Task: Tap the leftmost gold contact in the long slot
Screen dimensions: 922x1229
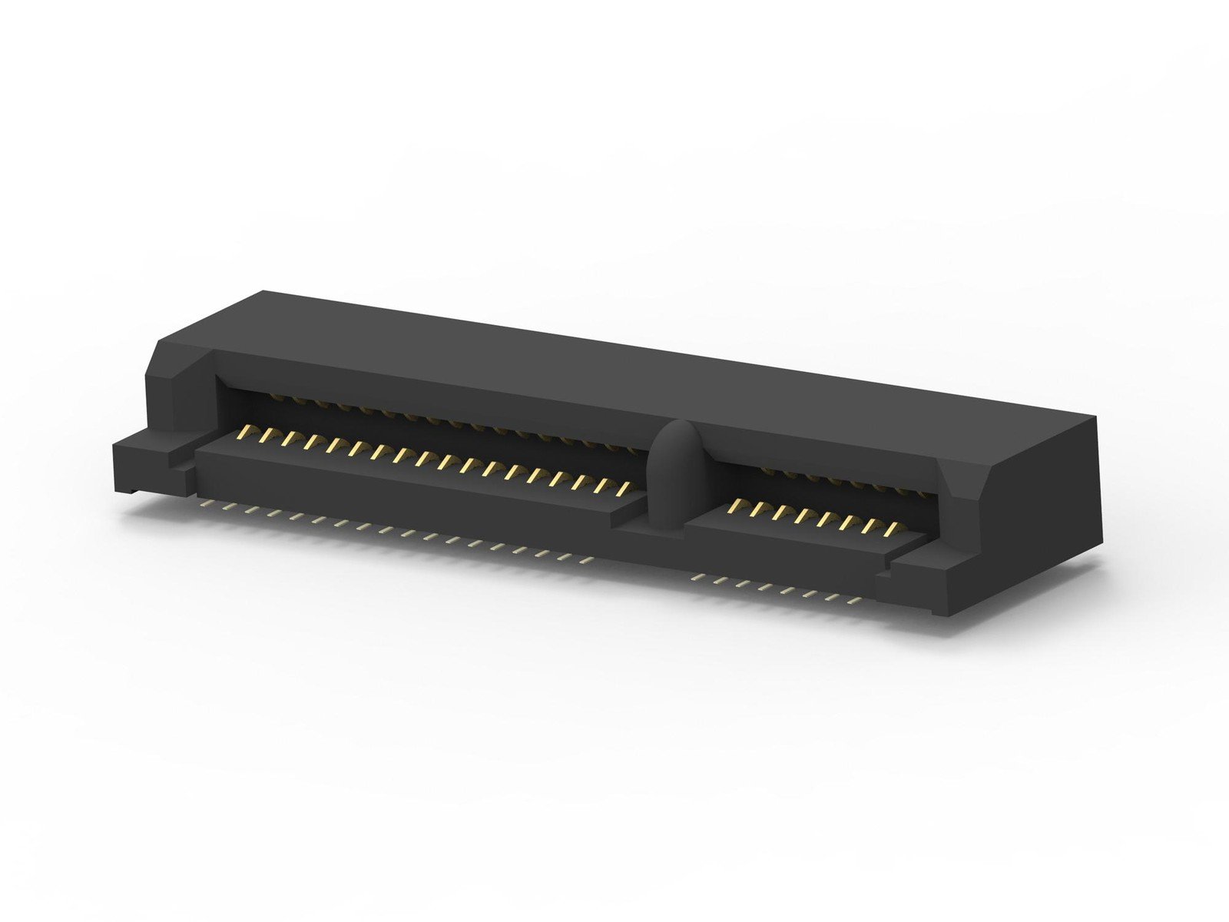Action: [x=246, y=431]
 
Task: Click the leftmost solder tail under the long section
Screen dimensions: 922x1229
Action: [x=204, y=505]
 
